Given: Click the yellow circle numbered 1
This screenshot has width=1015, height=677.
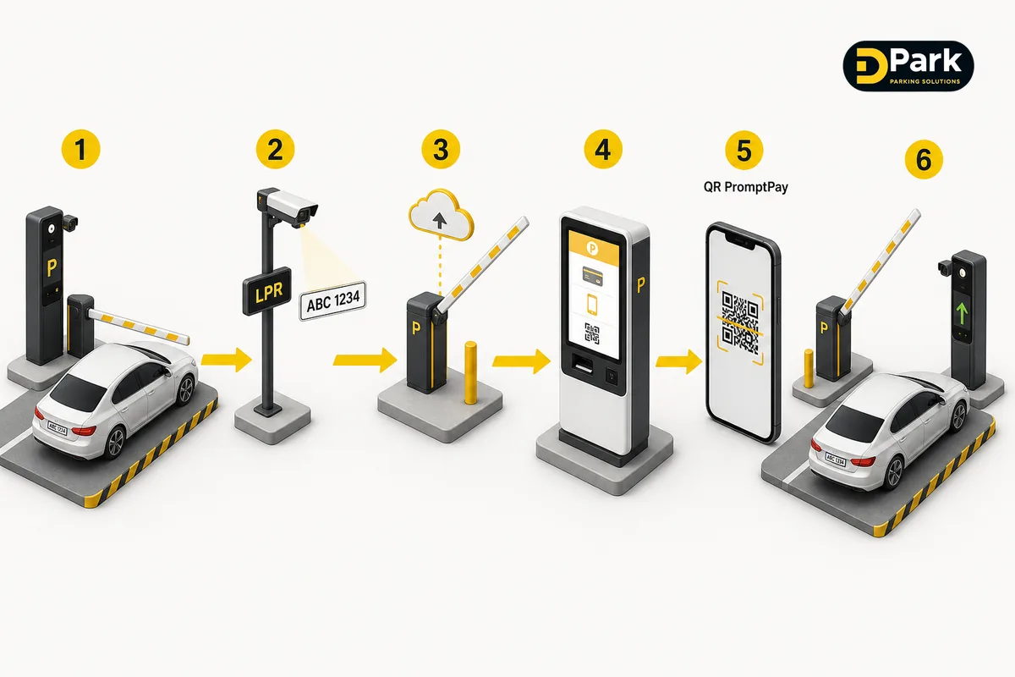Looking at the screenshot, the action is point(80,149).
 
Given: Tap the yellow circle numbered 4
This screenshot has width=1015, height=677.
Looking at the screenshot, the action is point(602,149).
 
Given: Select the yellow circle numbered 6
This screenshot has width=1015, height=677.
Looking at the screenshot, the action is point(924,160).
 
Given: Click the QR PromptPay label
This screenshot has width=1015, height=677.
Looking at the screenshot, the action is point(745,187).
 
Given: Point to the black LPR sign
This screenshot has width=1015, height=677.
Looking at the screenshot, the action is point(267,291).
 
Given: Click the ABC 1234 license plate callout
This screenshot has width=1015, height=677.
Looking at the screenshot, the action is point(333,300).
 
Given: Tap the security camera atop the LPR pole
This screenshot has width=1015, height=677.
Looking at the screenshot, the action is point(288,206).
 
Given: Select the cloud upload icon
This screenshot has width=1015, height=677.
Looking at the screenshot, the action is point(441,215).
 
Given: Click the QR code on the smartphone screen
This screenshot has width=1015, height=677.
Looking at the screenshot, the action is point(740,322).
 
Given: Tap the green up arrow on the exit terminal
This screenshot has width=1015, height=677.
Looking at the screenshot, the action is point(961,314).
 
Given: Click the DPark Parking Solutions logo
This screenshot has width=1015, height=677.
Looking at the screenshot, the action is point(908,67).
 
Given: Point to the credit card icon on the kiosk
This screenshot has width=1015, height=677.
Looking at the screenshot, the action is point(592,275).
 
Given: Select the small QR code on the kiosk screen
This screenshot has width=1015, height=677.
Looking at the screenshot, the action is point(592,333).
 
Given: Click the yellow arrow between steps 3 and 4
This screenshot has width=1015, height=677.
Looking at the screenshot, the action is point(521,361).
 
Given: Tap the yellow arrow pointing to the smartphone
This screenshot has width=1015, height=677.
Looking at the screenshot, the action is point(678,361).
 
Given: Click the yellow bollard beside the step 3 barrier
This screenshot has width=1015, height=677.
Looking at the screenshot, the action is point(471,372).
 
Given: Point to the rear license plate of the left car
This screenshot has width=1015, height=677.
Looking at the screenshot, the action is point(58,427).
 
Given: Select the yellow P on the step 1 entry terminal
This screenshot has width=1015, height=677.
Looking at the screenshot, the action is point(52,267).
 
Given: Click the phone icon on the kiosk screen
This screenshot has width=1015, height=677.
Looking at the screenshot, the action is point(592,304).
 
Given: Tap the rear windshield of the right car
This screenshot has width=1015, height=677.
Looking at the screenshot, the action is point(855,423).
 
